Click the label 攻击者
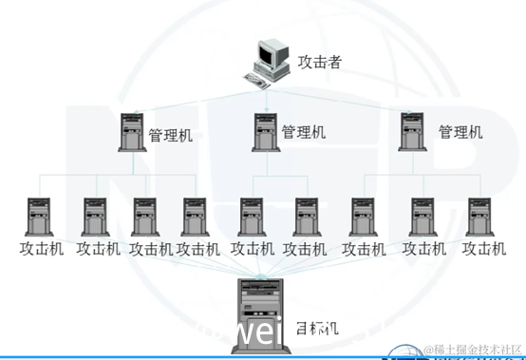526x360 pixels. click(319, 63)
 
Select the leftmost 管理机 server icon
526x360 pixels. click(131, 132)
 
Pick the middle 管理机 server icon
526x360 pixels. click(265, 132)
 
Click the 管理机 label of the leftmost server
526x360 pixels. click(171, 136)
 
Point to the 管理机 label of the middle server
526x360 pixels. click(304, 132)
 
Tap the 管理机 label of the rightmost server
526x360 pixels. click(460, 131)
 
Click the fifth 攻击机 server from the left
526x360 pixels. click(252, 217)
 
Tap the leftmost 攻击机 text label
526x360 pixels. click(41, 249)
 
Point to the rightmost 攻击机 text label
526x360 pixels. click(483, 249)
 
